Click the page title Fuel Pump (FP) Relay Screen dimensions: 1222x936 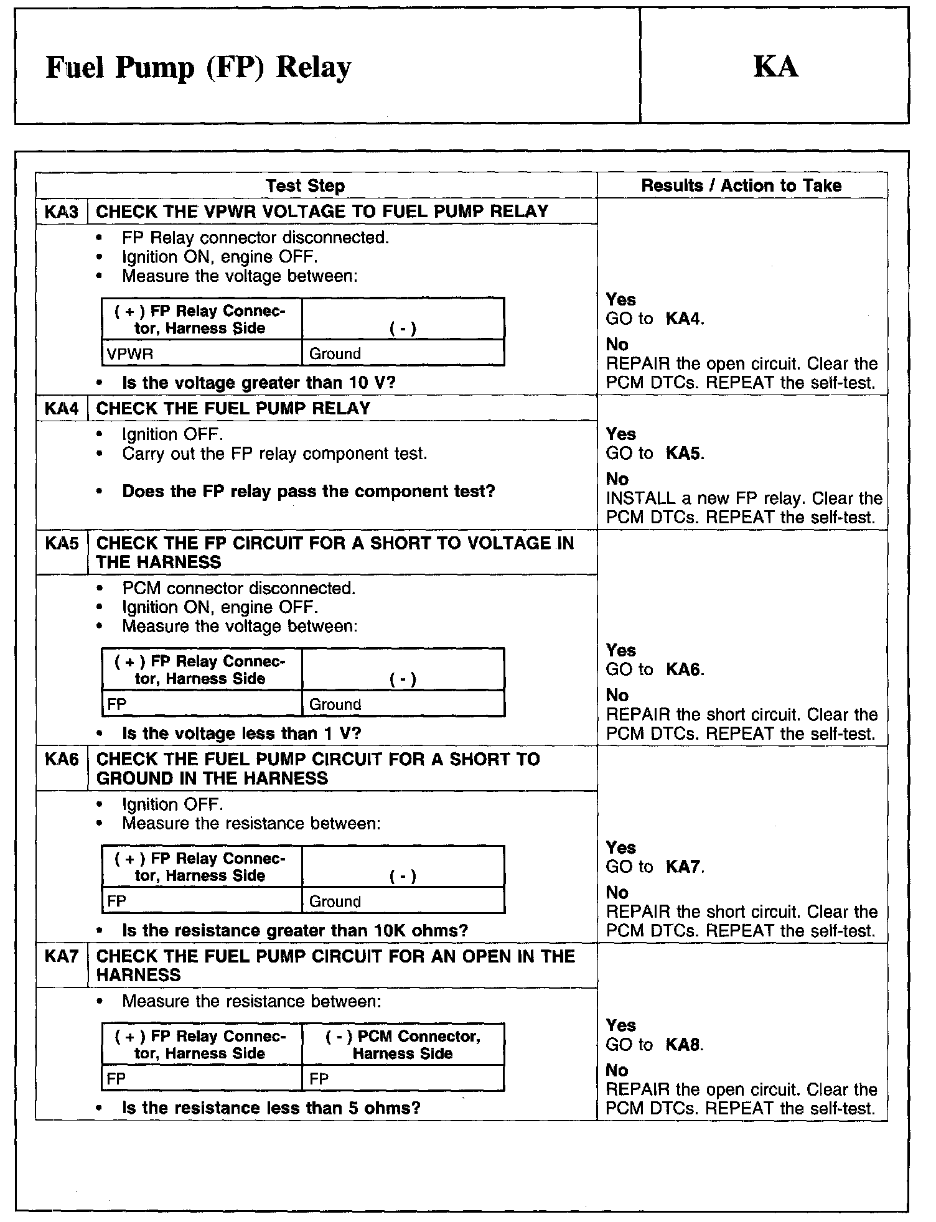[198, 67]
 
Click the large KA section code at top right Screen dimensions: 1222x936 [775, 66]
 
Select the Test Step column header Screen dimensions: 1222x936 [305, 185]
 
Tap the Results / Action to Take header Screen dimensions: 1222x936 [741, 185]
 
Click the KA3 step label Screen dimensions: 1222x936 [62, 212]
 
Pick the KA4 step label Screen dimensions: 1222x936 [62, 408]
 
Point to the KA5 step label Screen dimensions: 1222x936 [62, 543]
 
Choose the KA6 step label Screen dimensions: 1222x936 [62, 759]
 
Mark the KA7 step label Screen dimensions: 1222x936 [62, 956]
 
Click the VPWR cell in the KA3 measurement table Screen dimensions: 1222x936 [130, 354]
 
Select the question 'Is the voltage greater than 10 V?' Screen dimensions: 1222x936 [259, 383]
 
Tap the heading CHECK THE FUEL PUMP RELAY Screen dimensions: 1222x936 [233, 408]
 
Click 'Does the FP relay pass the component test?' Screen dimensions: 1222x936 [309, 492]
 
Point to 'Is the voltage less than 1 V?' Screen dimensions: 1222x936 [241, 734]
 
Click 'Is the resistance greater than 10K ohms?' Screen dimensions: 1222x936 [295, 930]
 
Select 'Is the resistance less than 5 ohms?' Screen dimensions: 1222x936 [271, 1108]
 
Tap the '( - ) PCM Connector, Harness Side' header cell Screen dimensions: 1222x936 [403, 1045]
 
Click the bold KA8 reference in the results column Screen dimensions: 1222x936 [683, 1045]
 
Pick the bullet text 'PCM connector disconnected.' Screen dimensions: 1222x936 [239, 588]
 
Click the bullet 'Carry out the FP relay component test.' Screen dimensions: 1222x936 [274, 454]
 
